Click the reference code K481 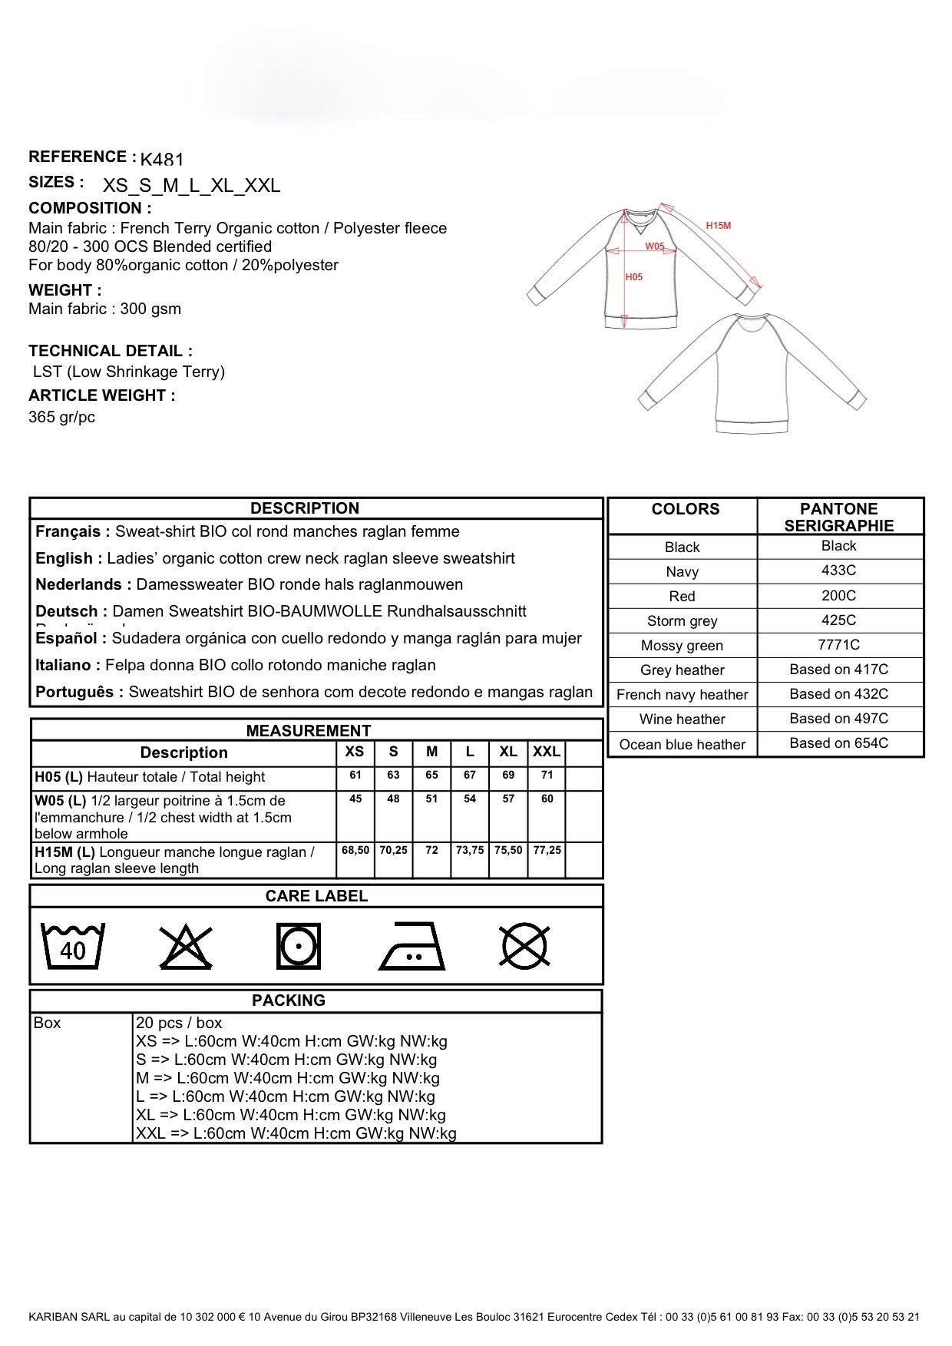tap(162, 160)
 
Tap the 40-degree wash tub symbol tap(73, 946)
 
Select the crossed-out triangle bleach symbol tap(186, 947)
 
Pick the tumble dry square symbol tap(299, 945)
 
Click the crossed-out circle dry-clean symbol tap(524, 946)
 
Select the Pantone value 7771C tap(838, 645)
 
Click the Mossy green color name tap(682, 646)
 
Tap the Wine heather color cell tap(682, 719)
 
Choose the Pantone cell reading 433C tap(838, 570)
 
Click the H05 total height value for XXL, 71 tap(547, 776)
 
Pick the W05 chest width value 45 tap(355, 799)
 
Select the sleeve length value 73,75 tap(470, 851)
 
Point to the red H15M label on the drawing tap(719, 226)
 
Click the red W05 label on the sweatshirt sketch tap(654, 246)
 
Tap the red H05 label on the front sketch tap(633, 277)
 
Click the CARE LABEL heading tap(316, 896)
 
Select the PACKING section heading tap(289, 1000)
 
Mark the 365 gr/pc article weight tap(62, 418)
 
